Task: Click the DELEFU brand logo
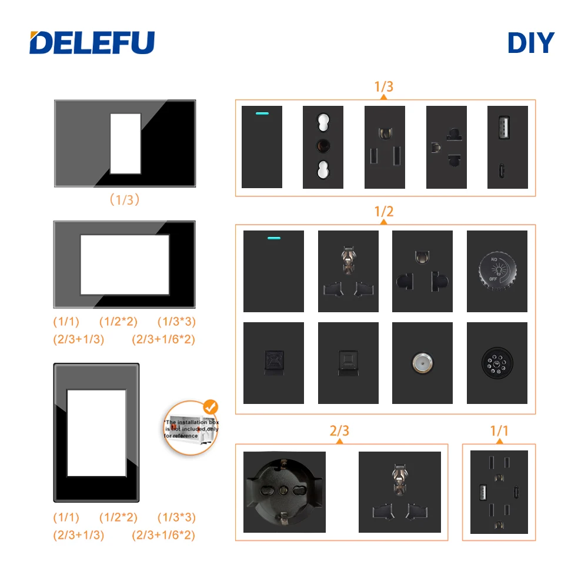[92, 42]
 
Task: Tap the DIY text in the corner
[531, 42]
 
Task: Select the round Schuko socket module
[284, 492]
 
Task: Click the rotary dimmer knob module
[496, 271]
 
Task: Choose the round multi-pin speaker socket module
[497, 363]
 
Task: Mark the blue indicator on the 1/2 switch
[273, 239]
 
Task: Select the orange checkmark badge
[209, 406]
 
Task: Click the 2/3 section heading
[340, 431]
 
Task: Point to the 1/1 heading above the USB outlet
[499, 431]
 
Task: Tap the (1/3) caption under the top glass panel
[125, 200]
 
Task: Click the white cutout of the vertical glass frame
[96, 433]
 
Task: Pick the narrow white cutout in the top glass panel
[125, 143]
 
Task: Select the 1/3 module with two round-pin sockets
[323, 147]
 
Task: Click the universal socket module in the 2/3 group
[399, 492]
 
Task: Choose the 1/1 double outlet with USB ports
[499, 492]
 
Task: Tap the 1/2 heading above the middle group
[384, 212]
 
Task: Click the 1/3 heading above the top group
[384, 86]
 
